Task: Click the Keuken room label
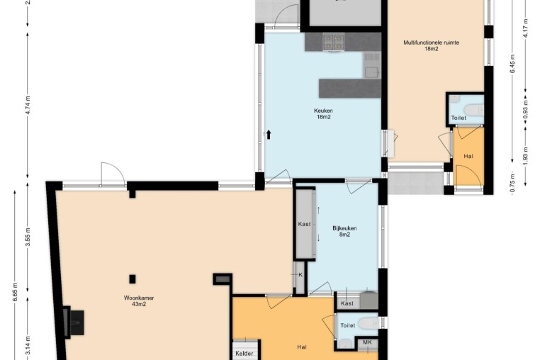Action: tap(323, 113)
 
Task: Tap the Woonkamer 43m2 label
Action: tap(139, 300)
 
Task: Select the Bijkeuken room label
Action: tap(344, 231)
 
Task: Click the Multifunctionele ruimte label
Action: tap(431, 46)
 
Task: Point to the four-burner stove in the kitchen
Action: tap(333, 42)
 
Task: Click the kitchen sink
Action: tap(372, 65)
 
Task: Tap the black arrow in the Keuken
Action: tap(269, 135)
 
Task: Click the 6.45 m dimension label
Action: tap(513, 64)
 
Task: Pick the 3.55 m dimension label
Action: tap(28, 237)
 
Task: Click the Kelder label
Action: tap(244, 353)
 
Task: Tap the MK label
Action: tap(367, 342)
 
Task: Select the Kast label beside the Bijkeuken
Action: tap(304, 224)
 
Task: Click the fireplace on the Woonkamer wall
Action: tap(74, 322)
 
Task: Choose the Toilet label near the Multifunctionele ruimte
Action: tap(459, 118)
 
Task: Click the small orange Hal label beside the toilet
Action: tap(468, 156)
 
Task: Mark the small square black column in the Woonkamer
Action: tap(133, 279)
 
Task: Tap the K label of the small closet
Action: tap(300, 274)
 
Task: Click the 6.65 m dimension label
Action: tap(16, 292)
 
